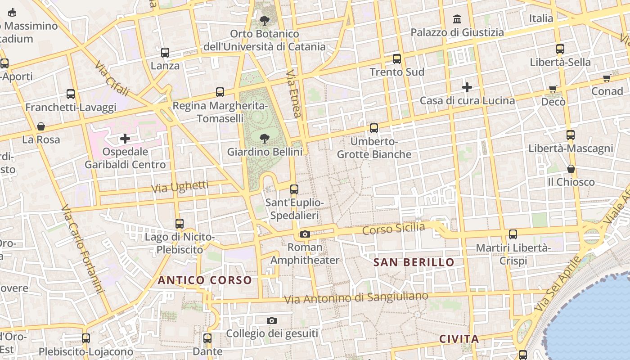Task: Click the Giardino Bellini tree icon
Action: coord(265,138)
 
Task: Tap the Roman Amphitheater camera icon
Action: coord(305,234)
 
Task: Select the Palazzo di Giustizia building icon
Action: coord(458,19)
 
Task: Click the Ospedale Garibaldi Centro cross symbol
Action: coord(125,138)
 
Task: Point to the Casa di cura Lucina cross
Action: coord(467,87)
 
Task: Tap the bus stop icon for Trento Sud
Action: coord(396,58)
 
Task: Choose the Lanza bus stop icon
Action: coord(165,53)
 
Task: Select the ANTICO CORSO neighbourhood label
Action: coord(205,280)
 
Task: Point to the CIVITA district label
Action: coord(459,339)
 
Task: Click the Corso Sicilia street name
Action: coord(393,229)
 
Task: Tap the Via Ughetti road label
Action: coord(180,187)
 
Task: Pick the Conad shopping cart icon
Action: coord(607,78)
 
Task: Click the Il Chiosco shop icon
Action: coord(571,169)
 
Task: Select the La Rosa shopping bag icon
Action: coord(41,126)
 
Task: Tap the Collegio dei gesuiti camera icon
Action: coord(271,320)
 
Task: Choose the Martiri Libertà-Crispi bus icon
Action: coord(513,234)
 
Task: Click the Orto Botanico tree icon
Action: coord(264,20)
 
